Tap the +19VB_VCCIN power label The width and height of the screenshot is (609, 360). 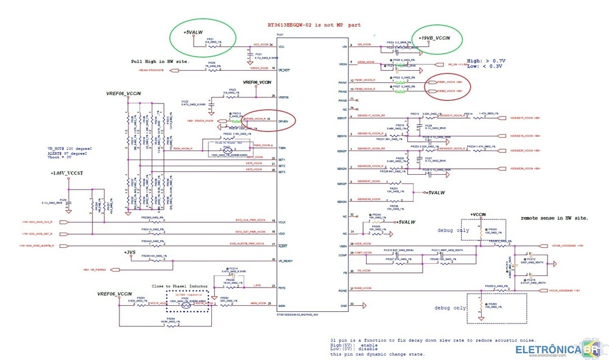[434, 38]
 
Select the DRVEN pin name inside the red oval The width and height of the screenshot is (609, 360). [283, 121]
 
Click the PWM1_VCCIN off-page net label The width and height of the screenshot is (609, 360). [444, 82]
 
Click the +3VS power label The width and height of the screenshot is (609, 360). [129, 252]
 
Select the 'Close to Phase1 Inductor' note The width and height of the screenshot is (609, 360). [180, 286]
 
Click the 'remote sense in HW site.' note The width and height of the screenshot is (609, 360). [554, 217]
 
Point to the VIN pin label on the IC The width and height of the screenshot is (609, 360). [346, 46]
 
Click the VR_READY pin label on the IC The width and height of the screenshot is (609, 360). [286, 261]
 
